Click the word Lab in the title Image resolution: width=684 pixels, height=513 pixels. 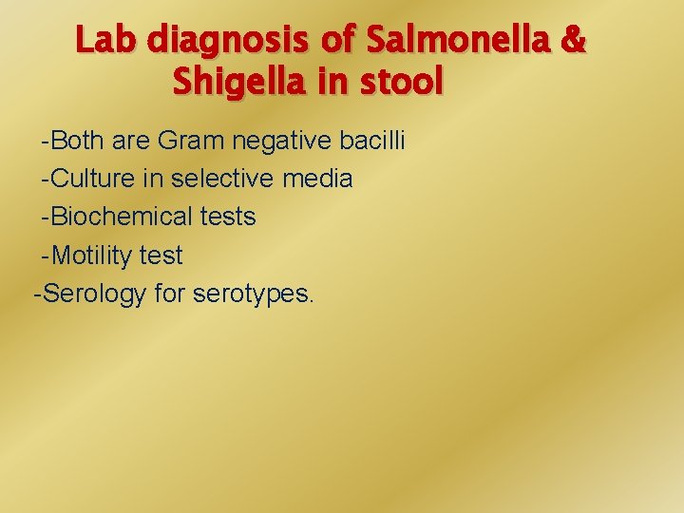[106, 41]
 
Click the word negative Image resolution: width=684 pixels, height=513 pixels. [283, 141]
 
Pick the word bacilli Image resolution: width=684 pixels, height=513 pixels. [372, 141]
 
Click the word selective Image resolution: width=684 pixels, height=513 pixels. [218, 179]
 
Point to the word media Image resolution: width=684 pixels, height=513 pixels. [316, 179]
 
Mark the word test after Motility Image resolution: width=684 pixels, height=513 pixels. [161, 255]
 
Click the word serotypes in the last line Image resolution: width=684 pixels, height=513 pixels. [252, 294]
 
